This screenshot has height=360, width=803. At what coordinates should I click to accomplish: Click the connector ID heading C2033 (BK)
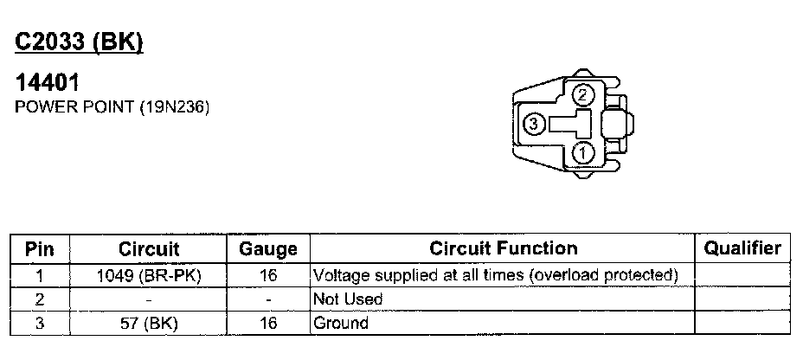[79, 42]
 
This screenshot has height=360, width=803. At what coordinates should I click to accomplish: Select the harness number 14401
[48, 85]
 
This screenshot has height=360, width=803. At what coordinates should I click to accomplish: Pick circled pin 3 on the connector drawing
[534, 125]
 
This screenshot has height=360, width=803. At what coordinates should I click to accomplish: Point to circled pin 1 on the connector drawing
[583, 154]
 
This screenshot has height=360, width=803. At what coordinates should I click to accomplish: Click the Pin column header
[40, 249]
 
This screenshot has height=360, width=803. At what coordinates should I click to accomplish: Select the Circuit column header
[149, 249]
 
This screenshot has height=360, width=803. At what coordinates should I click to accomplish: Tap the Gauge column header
[268, 249]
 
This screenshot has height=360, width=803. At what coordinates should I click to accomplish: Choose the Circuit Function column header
[503, 249]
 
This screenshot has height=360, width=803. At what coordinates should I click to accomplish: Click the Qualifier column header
[742, 249]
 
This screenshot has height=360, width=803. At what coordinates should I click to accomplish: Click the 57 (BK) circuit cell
[149, 324]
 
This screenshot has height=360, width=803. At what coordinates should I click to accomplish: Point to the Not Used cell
[348, 299]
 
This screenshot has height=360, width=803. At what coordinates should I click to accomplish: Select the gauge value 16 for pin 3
[268, 324]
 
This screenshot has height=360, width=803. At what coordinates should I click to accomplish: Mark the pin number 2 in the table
[40, 299]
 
